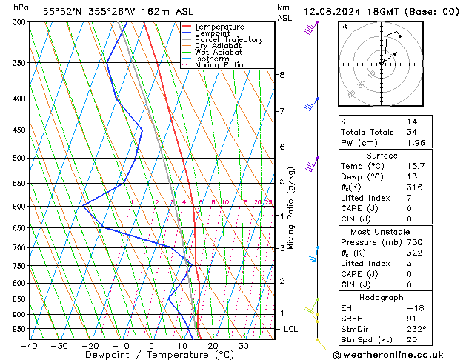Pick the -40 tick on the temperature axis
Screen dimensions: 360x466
[30, 346]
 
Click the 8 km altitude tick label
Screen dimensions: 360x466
[282, 75]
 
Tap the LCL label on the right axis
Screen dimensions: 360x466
[292, 329]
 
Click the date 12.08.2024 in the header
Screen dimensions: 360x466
[332, 12]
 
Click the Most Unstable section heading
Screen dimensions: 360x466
[381, 232]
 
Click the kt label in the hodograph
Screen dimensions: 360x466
[344, 27]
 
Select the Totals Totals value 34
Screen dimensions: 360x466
[411, 132]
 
